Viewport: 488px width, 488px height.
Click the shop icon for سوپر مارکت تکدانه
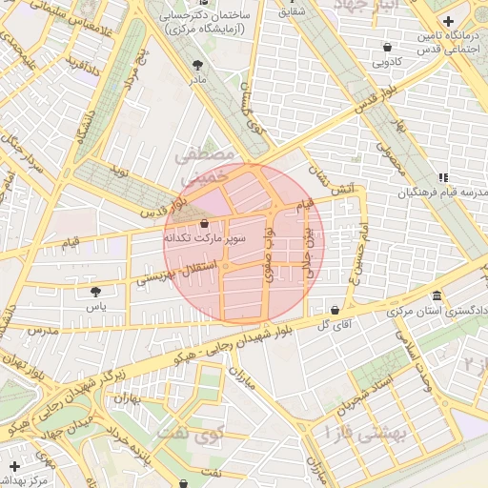tap(205, 224)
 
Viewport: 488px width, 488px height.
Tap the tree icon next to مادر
tap(197, 66)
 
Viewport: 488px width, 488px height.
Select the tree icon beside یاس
tap(94, 292)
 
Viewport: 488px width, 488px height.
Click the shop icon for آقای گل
tap(335, 310)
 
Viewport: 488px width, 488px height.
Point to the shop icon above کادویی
tap(386, 47)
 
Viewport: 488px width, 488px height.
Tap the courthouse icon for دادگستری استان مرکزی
tap(437, 295)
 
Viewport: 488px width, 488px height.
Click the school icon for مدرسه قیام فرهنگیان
tap(443, 177)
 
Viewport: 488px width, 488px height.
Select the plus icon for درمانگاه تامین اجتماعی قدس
tap(449, 21)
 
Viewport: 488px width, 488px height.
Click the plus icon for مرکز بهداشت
tap(13, 465)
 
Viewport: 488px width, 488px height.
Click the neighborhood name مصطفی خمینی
tap(205, 164)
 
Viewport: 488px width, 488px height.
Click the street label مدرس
tap(44, 330)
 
